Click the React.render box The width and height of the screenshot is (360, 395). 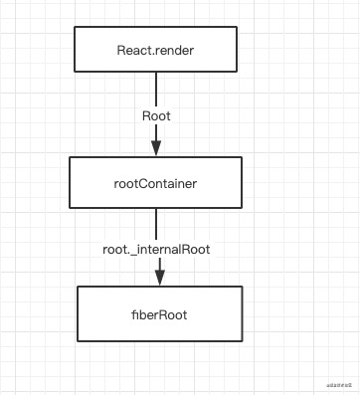click(x=156, y=49)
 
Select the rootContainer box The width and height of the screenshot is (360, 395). click(x=156, y=182)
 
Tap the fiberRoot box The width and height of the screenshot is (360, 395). click(x=159, y=313)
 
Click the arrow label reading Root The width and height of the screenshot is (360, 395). click(x=156, y=115)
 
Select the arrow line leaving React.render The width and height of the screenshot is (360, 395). click(x=156, y=90)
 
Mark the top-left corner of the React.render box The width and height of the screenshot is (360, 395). click(x=76, y=27)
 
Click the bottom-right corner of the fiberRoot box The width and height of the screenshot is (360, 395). click(x=242, y=340)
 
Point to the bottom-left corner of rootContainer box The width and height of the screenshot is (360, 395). click(x=69, y=208)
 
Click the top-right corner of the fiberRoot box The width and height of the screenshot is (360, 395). click(x=242, y=287)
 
